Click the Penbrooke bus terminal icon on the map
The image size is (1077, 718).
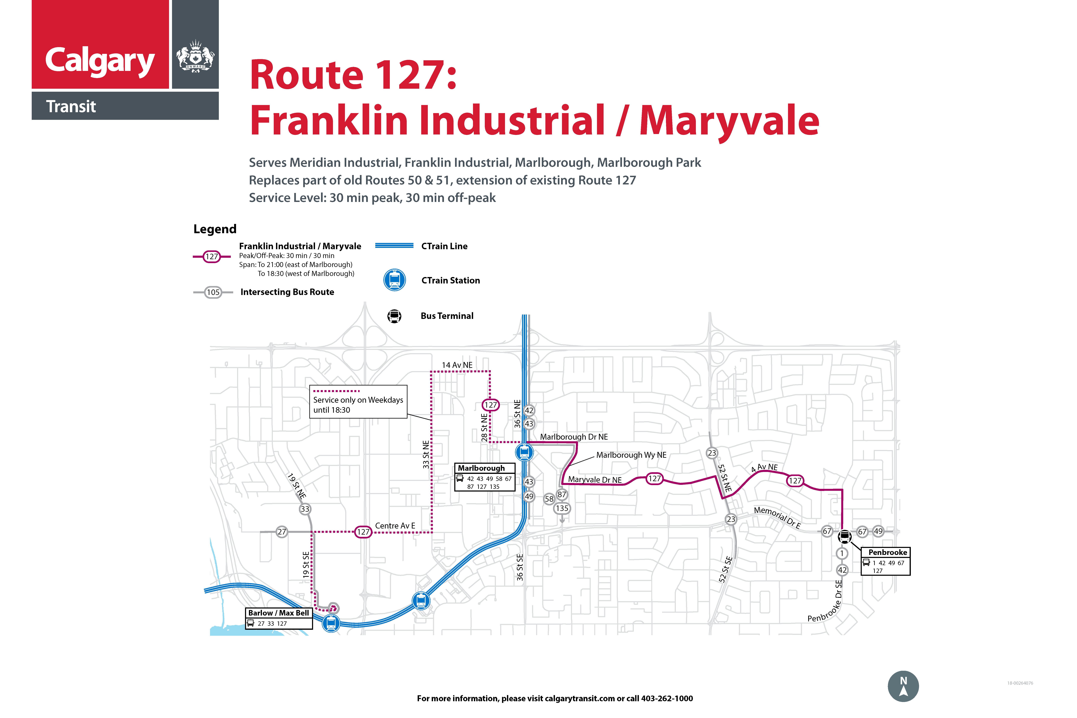coord(844,536)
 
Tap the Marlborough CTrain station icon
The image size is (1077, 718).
coord(524,452)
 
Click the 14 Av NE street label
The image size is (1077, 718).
coord(457,365)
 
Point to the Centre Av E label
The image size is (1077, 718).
coord(395,526)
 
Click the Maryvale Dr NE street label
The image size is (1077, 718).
coord(595,480)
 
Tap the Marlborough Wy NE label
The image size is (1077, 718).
coord(631,455)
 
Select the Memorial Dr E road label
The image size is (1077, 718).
coord(777,517)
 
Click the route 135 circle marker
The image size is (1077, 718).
coord(562,508)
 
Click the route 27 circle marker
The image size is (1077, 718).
coord(282,532)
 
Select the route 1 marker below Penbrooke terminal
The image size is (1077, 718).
coord(842,554)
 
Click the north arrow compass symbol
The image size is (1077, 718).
coord(903,686)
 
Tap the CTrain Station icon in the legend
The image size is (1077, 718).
coord(394,280)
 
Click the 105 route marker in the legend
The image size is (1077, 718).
coord(213,292)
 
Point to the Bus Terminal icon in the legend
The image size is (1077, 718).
coord(394,316)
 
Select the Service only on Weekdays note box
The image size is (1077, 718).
coord(358,402)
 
